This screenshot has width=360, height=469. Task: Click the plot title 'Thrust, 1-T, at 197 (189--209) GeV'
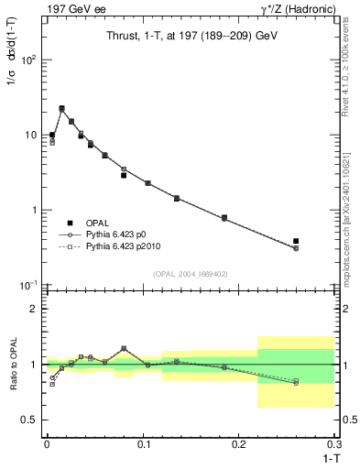[x=189, y=36]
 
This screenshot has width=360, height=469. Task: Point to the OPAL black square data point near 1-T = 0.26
[x=296, y=241]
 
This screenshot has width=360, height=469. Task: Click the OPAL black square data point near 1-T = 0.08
[x=124, y=175]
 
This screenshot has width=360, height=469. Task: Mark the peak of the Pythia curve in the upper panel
[x=61, y=109]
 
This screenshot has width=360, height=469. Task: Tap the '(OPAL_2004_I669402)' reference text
[x=189, y=274]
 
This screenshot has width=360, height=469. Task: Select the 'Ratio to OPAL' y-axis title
[x=14, y=364]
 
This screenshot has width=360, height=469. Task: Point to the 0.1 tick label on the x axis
[x=144, y=444]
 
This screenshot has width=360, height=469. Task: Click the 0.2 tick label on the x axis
[x=241, y=444]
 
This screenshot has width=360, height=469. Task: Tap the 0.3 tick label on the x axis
[x=337, y=444]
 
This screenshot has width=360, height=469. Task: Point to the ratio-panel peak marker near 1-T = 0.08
[x=124, y=348]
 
